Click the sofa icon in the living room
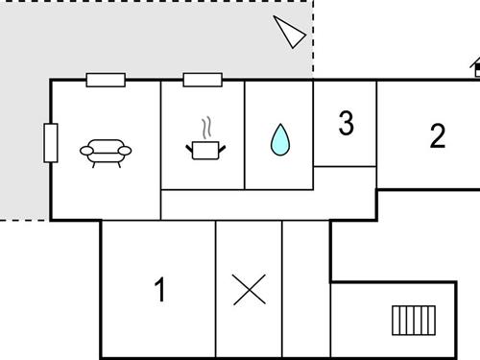point(106,152)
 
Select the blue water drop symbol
point(279,140)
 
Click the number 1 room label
point(160,289)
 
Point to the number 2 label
point(438,135)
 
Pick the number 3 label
point(346,123)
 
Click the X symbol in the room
point(249,290)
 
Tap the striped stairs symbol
point(414,319)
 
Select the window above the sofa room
point(106,80)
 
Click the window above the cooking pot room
point(203,80)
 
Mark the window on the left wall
point(51,143)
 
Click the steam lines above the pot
point(204,128)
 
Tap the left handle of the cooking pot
point(189,147)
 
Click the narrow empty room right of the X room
point(305,288)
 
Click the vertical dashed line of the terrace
point(314,38)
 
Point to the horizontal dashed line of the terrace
point(24,220)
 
